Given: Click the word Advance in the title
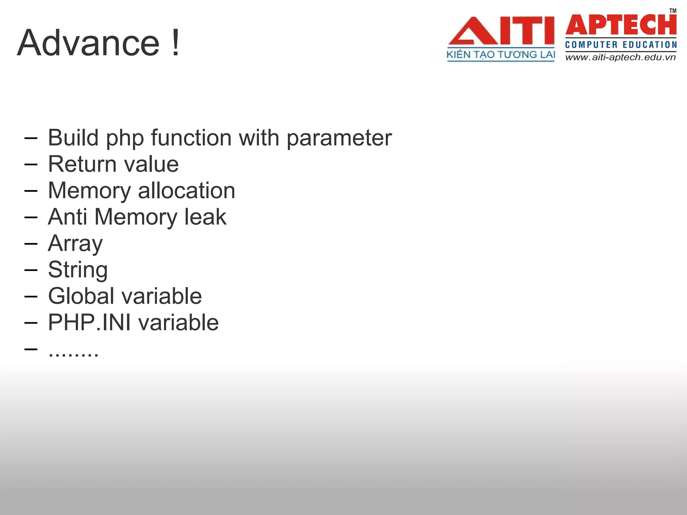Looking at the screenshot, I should point(88,44).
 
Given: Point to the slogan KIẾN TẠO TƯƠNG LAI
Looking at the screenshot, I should point(500,55).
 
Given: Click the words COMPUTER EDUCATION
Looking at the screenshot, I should point(621,45).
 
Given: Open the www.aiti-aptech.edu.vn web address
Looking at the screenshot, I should point(621,57).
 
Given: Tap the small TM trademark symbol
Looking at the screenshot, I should point(673,11).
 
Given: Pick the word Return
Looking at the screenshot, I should point(82,164).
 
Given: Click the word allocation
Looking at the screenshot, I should point(187,190).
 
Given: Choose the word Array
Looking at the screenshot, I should point(75,243).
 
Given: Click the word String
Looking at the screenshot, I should point(78,270).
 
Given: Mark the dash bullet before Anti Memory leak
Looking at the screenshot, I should point(31,217).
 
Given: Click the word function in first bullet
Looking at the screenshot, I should point(191,138).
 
